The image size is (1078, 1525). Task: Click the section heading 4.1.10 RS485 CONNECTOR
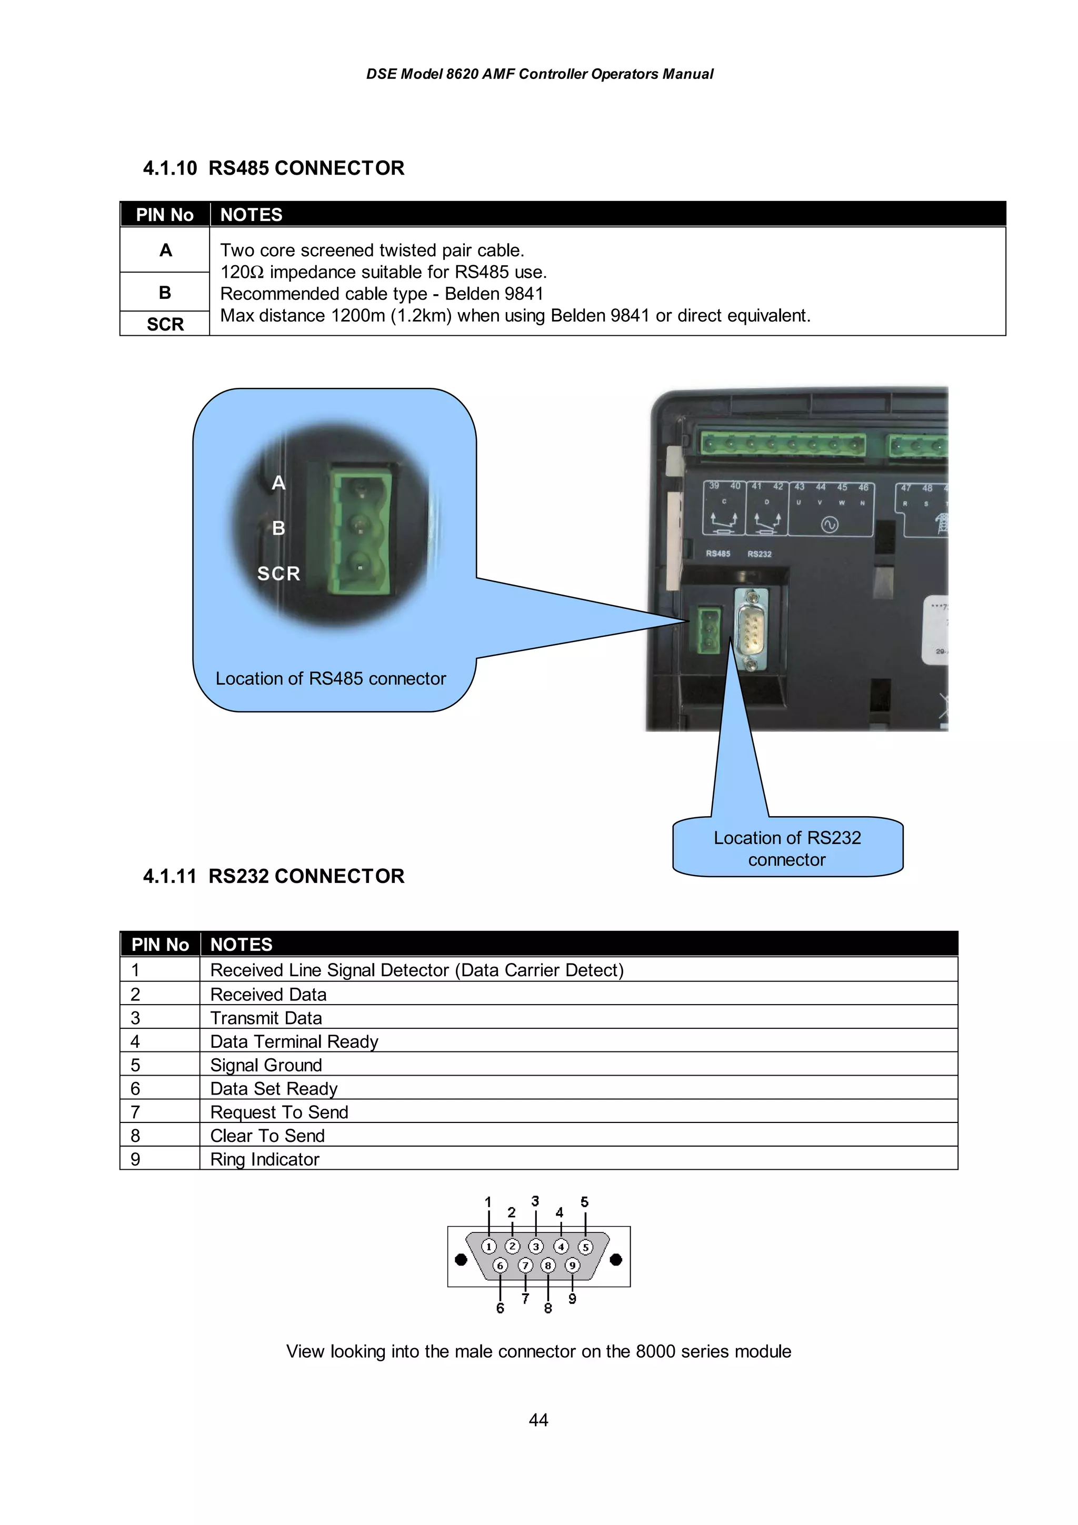tap(273, 168)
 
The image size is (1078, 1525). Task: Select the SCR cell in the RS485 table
tap(165, 324)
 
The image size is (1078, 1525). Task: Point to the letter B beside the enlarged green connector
tap(278, 528)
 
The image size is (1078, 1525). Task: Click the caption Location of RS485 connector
tap(330, 678)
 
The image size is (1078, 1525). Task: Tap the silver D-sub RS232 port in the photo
tap(751, 628)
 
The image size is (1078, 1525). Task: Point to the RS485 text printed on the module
tap(717, 553)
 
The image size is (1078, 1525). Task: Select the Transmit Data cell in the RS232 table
tap(266, 1018)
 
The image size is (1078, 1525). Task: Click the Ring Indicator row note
tap(264, 1159)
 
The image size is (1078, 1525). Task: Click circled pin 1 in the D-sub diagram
tap(489, 1246)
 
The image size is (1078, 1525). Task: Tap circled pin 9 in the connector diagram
tap(572, 1265)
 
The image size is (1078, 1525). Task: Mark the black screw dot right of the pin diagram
tap(616, 1259)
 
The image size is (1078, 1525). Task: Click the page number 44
tap(538, 1420)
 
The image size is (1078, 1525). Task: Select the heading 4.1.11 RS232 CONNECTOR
tap(273, 876)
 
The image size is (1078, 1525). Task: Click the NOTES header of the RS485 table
tap(251, 215)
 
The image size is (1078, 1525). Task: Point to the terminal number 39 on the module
tap(714, 486)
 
